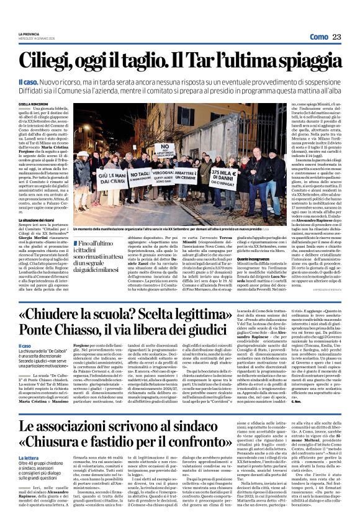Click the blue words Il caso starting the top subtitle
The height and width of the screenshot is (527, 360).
[x=45, y=82]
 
